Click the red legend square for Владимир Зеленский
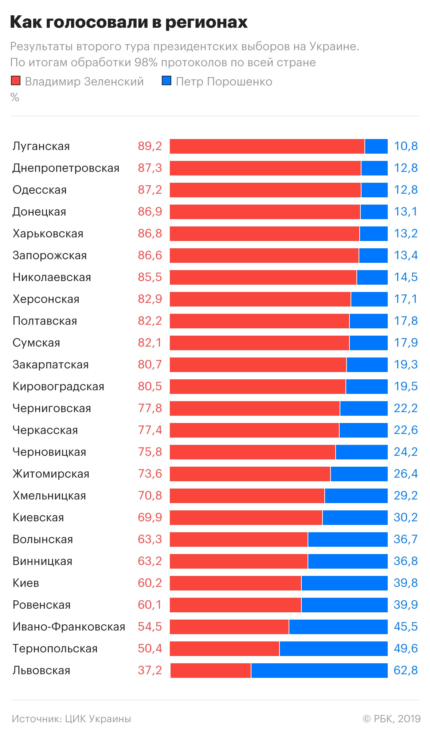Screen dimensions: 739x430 [x=16, y=81]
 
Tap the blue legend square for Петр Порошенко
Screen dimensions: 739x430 [x=167, y=81]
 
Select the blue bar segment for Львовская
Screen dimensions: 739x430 [x=319, y=671]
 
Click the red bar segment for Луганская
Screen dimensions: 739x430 [x=267, y=146]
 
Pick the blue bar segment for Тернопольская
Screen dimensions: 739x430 [x=333, y=649]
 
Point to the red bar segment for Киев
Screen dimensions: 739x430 [x=235, y=583]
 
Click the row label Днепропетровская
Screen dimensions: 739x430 [x=66, y=168]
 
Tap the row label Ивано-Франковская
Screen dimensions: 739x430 [x=69, y=627]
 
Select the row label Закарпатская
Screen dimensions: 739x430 [x=51, y=365]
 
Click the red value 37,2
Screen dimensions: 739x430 [x=150, y=670]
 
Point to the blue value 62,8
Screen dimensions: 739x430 [x=406, y=670]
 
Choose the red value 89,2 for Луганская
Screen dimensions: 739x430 [x=150, y=146]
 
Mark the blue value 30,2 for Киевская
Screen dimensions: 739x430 [x=406, y=517]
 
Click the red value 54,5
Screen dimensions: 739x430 [x=150, y=627]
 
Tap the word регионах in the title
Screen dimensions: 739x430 [x=207, y=23]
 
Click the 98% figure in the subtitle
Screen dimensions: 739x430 [x=145, y=62]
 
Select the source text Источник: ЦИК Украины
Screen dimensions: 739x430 [x=71, y=719]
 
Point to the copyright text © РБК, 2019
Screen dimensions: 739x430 [x=391, y=719]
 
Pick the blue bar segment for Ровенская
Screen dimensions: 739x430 [x=344, y=605]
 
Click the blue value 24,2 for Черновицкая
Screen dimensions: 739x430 [x=406, y=452]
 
